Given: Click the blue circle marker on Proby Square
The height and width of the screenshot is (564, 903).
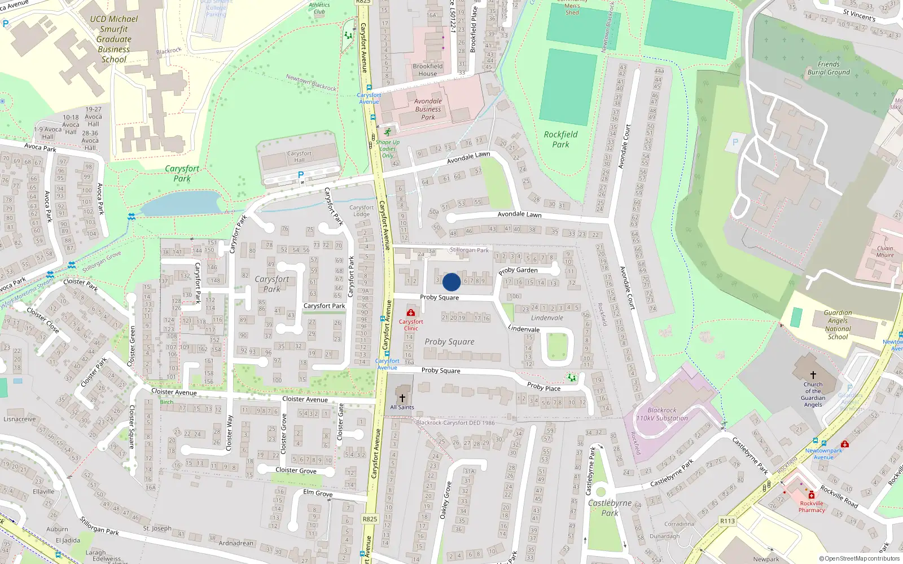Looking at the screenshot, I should tap(451, 282).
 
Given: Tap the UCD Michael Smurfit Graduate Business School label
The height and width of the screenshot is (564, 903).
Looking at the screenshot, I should tap(114, 39).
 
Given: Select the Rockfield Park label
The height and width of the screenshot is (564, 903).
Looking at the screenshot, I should tap(560, 139).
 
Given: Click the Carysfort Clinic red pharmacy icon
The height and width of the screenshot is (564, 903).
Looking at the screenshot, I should tap(411, 312).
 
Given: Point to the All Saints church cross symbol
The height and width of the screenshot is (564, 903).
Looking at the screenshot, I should tap(402, 398).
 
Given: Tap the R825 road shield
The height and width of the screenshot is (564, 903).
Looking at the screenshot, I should tap(370, 519).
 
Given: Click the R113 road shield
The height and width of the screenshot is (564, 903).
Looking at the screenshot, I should tap(727, 521).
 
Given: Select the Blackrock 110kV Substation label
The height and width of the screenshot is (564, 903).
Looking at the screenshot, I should tap(662, 415).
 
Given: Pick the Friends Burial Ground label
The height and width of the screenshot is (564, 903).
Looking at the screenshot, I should tap(829, 68).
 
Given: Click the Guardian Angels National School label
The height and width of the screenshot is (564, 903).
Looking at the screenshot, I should tap(838, 325).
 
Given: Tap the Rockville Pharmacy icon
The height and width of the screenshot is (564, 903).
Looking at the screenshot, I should tap(812, 495).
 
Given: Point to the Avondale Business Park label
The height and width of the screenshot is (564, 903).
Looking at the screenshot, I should tap(428, 109).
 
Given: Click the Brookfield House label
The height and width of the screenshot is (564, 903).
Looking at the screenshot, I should tap(428, 70).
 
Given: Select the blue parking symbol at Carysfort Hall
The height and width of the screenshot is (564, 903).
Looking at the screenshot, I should tap(301, 175).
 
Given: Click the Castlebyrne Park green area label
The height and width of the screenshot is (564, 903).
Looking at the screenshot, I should tap(610, 508).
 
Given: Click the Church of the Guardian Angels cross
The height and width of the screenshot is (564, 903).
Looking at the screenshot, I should tap(813, 374).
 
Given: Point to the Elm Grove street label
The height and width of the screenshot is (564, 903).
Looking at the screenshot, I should tap(318, 493).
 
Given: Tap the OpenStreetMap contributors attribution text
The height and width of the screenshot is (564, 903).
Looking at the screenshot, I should tap(859, 559).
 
